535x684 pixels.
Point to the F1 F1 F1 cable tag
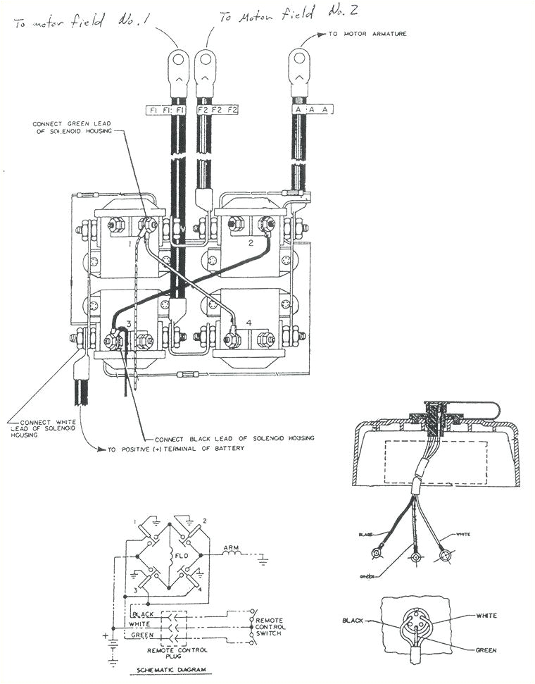[x=165, y=111]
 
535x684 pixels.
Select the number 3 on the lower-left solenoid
[x=128, y=323]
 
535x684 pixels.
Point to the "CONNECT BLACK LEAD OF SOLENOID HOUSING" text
[x=234, y=437]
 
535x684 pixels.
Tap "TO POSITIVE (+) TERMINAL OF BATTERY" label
[x=175, y=449]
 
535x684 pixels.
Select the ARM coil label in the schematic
[x=230, y=547]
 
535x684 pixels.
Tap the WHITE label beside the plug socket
[x=486, y=616]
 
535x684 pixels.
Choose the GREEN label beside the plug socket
[x=485, y=650]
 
